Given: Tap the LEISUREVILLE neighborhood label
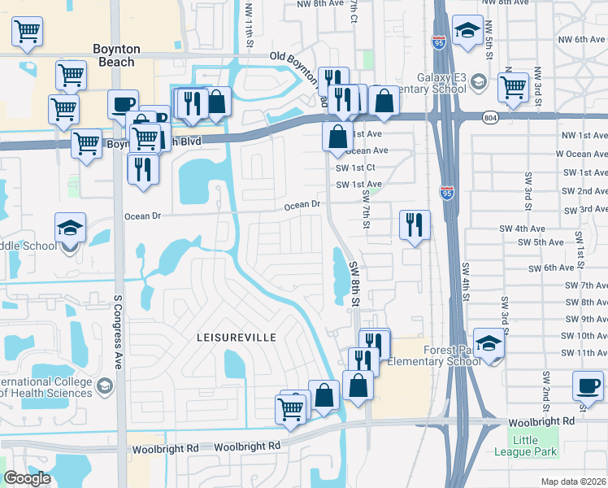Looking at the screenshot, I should coord(236,337).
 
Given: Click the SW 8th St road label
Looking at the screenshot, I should coord(354,283).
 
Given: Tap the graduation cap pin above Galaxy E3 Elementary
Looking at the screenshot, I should coord(467,31).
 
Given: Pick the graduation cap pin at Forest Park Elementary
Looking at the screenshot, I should coord(489,342).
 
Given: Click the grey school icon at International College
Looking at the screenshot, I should coord(104,385).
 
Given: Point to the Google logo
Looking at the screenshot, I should coord(28,478).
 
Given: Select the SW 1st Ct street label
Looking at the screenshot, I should coord(358,168).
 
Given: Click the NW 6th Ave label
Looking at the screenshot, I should coord(579,39).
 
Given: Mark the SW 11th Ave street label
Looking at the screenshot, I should coord(580,353).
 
